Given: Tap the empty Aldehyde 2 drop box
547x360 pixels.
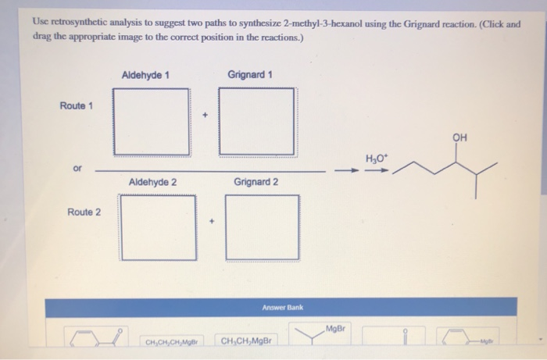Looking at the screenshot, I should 159,226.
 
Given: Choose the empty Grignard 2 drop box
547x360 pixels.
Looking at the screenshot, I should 262,226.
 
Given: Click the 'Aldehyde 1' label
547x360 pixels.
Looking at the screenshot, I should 146,75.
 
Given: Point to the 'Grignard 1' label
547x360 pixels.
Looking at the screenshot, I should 250,75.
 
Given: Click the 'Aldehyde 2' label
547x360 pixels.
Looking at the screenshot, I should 152,182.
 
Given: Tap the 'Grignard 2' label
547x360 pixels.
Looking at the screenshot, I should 256,182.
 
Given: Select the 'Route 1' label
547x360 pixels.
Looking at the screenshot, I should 76,106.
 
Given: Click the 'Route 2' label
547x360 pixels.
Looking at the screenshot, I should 84,212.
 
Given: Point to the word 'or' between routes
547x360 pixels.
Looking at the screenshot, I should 75,167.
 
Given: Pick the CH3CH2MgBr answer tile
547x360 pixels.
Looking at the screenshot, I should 246,341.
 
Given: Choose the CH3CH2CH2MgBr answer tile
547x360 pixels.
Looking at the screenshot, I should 170,342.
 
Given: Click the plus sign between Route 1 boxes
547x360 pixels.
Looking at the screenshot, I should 205,116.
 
